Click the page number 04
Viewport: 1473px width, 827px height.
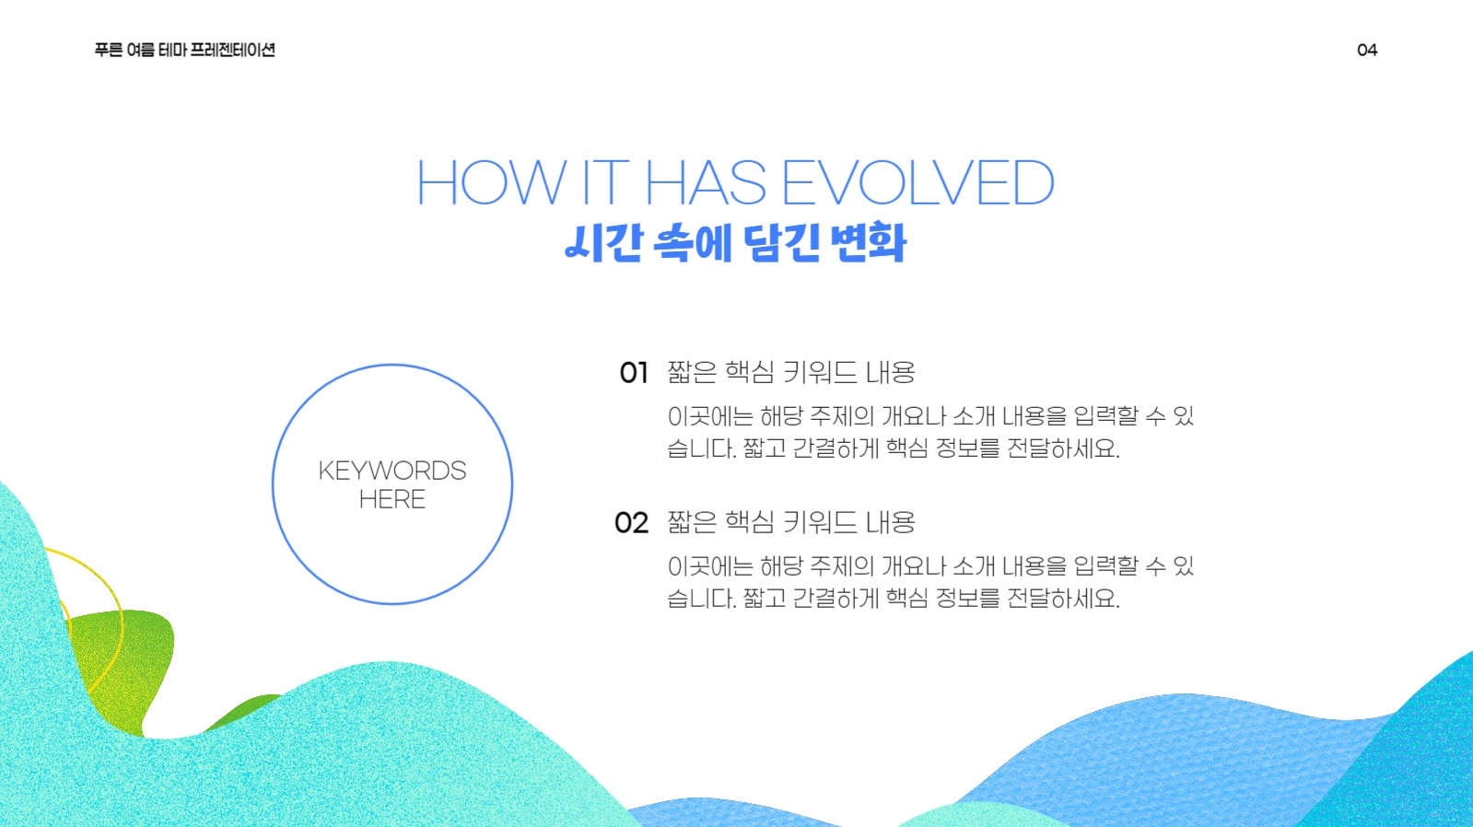[1367, 50]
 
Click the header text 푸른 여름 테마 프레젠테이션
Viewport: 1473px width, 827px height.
[184, 50]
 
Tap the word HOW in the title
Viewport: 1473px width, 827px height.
[491, 182]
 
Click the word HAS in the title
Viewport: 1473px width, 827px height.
[706, 182]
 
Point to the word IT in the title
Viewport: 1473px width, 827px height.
[605, 182]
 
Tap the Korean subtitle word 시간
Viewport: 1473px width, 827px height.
[603, 242]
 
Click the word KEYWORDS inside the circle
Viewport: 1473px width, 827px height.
[392, 471]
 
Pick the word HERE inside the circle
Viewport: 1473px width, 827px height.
[392, 499]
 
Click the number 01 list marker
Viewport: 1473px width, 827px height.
[634, 373]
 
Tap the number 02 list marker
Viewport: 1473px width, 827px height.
[632, 523]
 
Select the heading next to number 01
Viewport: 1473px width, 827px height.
[791, 372]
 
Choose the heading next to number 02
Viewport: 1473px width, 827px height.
[791, 522]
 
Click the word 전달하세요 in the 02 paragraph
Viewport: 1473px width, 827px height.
[1063, 599]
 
